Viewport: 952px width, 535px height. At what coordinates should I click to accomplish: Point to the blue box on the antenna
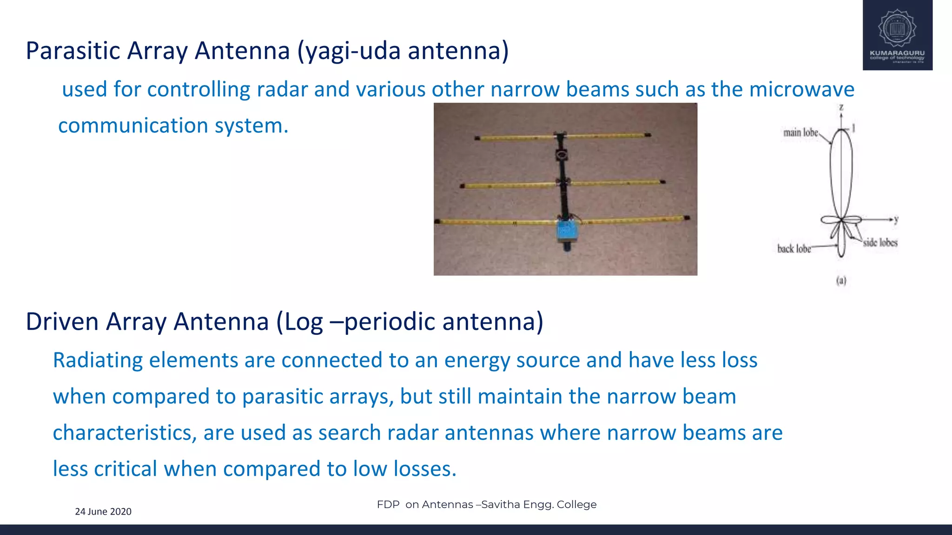(x=567, y=230)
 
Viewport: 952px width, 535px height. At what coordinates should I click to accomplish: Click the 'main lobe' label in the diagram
(x=800, y=133)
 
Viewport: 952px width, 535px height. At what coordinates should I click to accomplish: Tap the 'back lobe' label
(x=794, y=249)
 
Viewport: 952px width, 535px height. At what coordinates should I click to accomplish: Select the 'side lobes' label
(x=880, y=242)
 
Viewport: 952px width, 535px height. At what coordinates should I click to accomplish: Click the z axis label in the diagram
(x=841, y=108)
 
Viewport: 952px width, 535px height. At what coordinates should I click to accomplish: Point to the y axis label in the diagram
(x=896, y=219)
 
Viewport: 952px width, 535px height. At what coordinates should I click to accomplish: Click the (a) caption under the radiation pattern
(x=841, y=281)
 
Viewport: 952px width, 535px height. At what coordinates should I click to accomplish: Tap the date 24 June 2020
(x=103, y=512)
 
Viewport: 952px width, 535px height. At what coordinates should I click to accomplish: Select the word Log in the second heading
(x=304, y=322)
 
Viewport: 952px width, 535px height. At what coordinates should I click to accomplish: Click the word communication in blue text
(x=132, y=126)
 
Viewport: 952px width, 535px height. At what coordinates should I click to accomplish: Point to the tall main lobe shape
(x=841, y=172)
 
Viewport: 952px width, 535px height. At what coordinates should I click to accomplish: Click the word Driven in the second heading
(x=62, y=322)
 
